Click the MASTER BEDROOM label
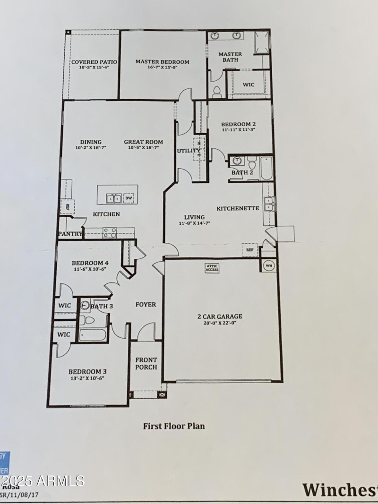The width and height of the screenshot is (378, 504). [162, 62]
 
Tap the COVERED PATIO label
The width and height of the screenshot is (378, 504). [94, 62]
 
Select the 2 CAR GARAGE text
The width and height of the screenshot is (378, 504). [220, 316]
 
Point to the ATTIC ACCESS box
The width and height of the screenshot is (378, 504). [212, 268]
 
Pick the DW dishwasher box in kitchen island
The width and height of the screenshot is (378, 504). [129, 198]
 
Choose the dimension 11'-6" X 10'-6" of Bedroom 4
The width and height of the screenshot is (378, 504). [90, 269]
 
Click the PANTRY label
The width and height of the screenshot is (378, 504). [70, 234]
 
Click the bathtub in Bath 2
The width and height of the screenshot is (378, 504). [266, 169]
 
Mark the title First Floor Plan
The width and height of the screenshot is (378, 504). [174, 426]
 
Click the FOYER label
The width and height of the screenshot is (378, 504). [146, 305]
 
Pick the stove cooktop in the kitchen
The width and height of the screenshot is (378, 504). [110, 232]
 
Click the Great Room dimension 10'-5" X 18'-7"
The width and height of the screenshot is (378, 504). [143, 148]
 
